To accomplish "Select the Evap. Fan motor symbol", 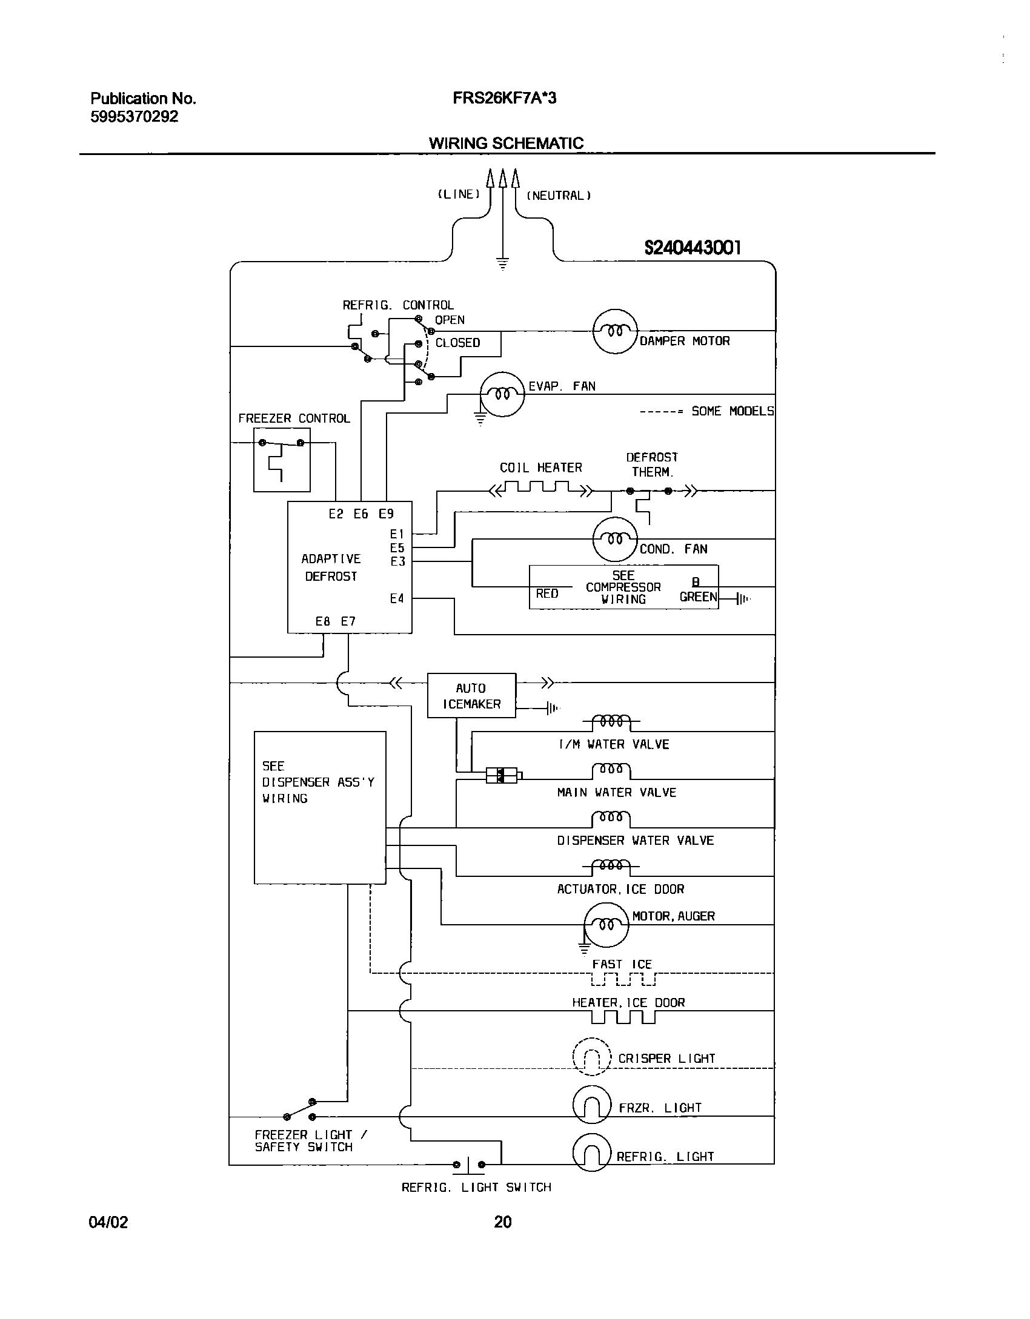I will pos(502,394).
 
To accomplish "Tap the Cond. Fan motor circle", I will pos(615,539).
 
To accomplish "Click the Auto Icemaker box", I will pos(471,695).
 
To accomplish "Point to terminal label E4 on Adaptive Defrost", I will pos(397,598).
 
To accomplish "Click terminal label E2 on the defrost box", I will pos(336,514).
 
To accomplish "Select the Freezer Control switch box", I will pos(282,460).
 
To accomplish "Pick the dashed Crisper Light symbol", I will pos(592,1056).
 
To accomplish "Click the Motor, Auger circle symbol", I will pos(606,925).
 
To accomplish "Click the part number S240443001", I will pos(692,248).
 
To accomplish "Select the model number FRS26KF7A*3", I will pos(504,98).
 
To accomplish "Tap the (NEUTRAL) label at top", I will pos(558,196).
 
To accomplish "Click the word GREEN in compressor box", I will pos(698,597).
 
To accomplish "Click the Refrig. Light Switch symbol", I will pos(468,1164).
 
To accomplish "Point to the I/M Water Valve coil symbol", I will pos(610,721).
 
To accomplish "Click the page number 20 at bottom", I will pos(502,1222).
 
